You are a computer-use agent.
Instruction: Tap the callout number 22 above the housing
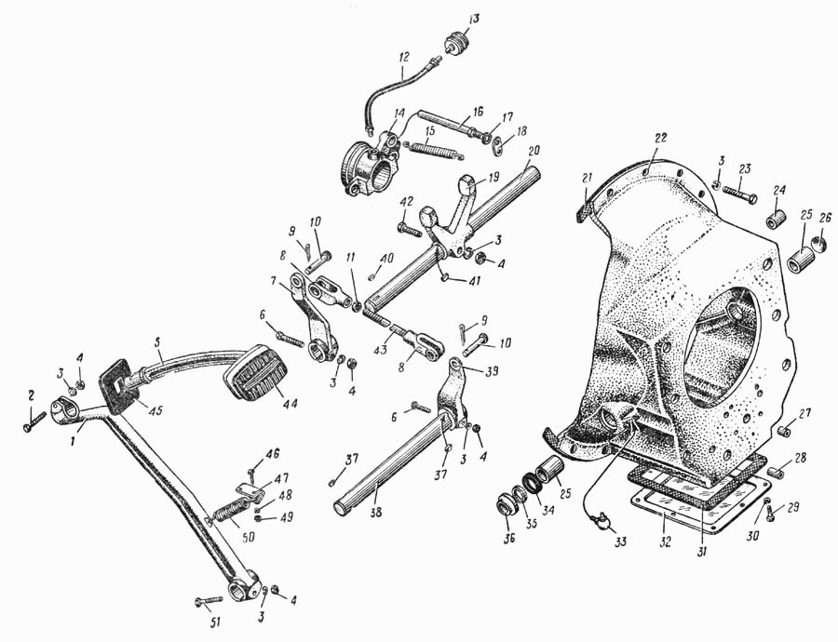tap(661, 138)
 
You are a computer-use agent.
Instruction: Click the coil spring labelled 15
tap(433, 149)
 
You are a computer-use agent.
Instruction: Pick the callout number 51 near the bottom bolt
tap(215, 622)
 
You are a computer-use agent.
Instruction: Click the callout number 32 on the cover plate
tap(663, 542)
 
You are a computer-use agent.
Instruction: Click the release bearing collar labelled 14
tap(370, 163)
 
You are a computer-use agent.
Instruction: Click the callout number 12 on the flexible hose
tap(403, 56)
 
